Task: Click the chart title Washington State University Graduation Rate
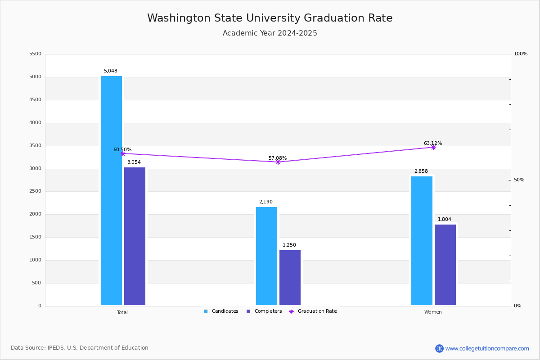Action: tap(270, 18)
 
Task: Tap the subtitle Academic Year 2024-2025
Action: tap(270, 33)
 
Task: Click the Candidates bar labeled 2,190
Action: tap(266, 256)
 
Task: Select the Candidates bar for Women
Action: tap(422, 241)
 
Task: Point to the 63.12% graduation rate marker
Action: tap(433, 147)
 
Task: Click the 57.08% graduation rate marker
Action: tap(278, 162)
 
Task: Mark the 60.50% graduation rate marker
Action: tap(122, 153)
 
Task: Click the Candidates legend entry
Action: tap(221, 311)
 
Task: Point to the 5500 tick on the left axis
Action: tap(35, 54)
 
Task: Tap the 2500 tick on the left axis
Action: tap(35, 191)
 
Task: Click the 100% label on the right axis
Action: tap(521, 54)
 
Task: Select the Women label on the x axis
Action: tap(433, 312)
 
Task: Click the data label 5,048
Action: tap(110, 71)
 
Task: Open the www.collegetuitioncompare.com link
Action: tap(487, 348)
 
